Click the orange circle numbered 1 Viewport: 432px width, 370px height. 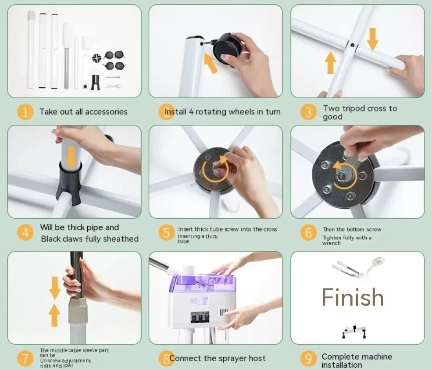click(25, 112)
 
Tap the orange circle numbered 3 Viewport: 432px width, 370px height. click(308, 112)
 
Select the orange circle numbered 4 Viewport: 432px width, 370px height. click(25, 233)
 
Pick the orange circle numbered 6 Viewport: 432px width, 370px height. click(308, 233)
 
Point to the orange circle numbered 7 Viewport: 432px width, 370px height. click(25, 358)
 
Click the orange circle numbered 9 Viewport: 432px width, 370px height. click(308, 358)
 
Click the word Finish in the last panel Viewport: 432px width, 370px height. click(353, 297)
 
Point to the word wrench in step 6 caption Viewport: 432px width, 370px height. click(331, 243)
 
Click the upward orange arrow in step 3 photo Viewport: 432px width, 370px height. click(331, 63)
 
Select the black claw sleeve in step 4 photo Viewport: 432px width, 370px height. click(70, 183)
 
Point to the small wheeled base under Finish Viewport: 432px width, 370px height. click(354, 331)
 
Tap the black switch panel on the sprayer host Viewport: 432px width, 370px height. click(200, 317)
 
